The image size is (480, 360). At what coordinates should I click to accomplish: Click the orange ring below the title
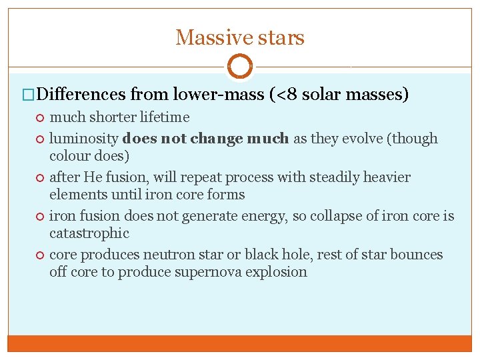coord(240,67)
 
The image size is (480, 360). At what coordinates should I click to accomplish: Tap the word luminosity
coord(84,139)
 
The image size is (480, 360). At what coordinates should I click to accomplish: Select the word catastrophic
coord(89,233)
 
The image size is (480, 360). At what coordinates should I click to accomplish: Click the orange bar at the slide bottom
coord(240,343)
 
